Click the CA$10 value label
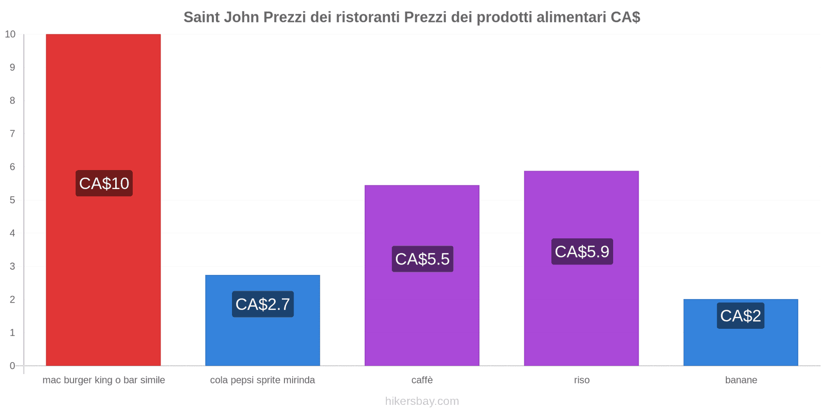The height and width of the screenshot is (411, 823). pos(104,183)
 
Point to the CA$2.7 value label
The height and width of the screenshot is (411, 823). pos(263,304)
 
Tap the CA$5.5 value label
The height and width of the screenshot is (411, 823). pos(422,259)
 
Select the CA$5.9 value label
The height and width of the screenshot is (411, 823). pos(582,252)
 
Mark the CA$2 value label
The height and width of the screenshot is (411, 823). pos(740,315)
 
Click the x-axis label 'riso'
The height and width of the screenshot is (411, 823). pos(582,380)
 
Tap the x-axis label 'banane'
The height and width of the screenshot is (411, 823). pos(741,380)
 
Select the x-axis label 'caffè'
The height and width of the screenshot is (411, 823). pos(422,380)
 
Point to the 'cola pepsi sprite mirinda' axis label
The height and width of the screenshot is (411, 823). pos(262,380)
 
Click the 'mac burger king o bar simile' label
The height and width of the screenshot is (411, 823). pos(104,380)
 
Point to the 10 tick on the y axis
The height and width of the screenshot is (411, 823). pos(10,34)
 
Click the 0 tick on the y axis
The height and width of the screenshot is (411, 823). pos(12,366)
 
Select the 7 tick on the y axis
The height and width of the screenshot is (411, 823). pos(12,134)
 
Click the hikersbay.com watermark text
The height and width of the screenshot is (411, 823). pos(422,401)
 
